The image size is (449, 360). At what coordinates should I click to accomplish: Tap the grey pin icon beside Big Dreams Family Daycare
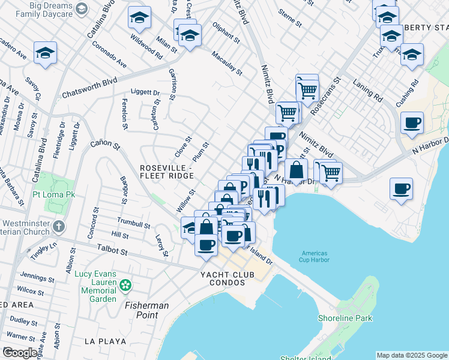pyautogui.click(x=83, y=8)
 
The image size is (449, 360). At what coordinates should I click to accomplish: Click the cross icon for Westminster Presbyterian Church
pyautogui.click(x=58, y=227)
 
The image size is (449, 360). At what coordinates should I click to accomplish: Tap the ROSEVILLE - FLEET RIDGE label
pyautogui.click(x=166, y=171)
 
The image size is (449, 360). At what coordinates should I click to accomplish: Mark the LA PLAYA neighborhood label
pyautogui.click(x=105, y=341)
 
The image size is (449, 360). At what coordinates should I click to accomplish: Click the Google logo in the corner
pyautogui.click(x=19, y=353)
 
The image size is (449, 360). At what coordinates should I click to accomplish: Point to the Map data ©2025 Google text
pyautogui.click(x=412, y=355)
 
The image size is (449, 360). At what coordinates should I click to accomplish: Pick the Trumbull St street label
pyautogui.click(x=133, y=224)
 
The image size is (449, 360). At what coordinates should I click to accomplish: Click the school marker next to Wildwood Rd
pyautogui.click(x=139, y=19)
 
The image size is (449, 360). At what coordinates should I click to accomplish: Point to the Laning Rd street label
pyautogui.click(x=367, y=89)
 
